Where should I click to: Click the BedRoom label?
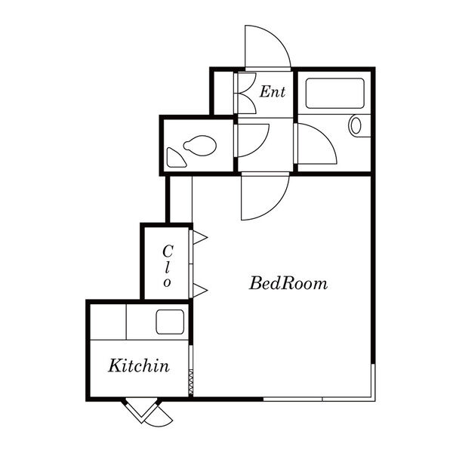click(288, 283)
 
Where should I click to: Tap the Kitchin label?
click(139, 365)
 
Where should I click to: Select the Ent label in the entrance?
click(273, 91)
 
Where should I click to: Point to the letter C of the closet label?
click(168, 251)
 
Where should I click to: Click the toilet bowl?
click(200, 145)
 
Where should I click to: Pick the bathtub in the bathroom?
click(334, 94)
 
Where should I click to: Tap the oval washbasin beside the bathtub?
click(356, 125)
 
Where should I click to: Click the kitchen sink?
click(170, 322)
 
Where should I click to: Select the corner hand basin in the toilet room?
click(176, 158)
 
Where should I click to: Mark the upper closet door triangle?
click(200, 237)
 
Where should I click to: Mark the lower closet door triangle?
click(200, 290)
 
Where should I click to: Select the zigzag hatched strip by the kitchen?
click(191, 383)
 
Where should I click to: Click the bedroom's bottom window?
click(319, 399)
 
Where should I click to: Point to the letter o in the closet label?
click(167, 282)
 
